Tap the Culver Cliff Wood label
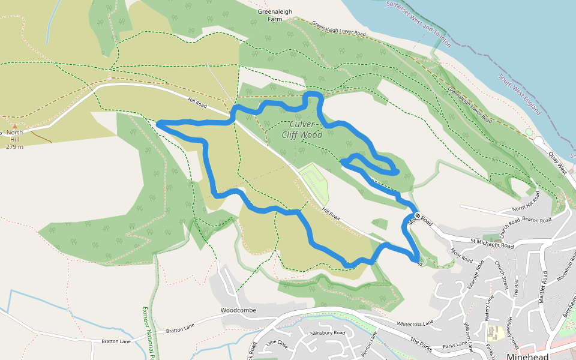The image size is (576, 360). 302,130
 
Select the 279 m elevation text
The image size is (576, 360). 14,146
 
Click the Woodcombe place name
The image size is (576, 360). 238,310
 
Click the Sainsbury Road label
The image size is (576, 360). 328,332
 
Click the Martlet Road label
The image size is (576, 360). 542,287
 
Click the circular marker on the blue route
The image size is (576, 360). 418,215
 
